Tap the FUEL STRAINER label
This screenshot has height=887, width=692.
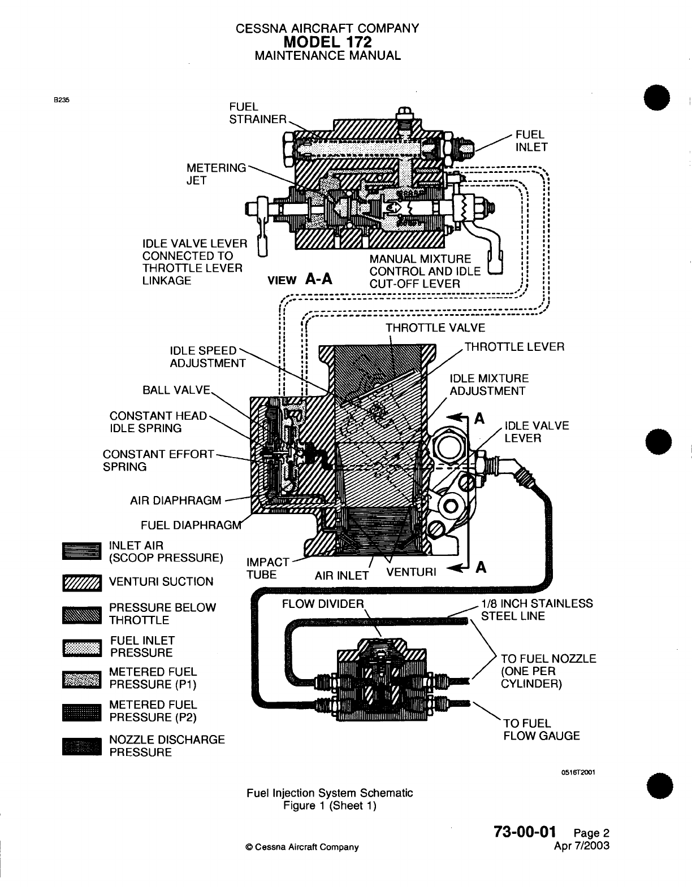tap(257, 113)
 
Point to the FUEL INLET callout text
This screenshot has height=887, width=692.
tap(533, 141)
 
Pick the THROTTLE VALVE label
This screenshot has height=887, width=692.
tap(435, 328)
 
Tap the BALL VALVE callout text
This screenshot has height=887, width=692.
tap(177, 390)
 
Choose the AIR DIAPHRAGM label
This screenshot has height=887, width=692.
tap(176, 501)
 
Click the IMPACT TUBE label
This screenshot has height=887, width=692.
tap(268, 568)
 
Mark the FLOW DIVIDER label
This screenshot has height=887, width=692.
tap(323, 603)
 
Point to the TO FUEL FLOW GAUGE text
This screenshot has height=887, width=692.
tap(541, 729)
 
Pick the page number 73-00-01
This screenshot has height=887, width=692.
tap(525, 832)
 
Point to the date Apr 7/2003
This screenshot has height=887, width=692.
tap(582, 845)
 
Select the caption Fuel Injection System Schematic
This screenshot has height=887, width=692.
tap(330, 793)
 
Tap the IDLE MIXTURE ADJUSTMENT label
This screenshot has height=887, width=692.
tap(488, 385)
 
